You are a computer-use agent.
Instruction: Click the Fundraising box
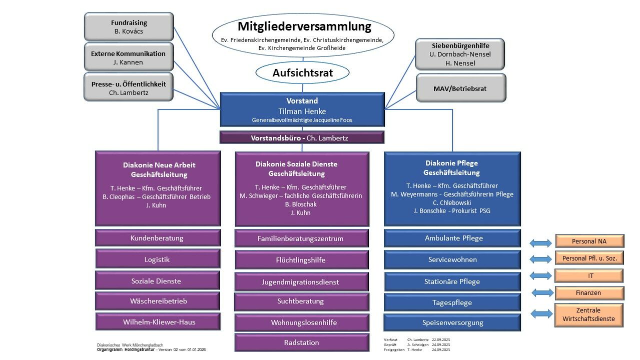(x=129, y=27)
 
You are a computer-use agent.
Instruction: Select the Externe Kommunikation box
(x=129, y=57)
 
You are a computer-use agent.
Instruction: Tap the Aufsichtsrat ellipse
(x=302, y=73)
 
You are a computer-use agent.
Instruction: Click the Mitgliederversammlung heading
(x=304, y=26)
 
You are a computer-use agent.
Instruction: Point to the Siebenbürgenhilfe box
(x=460, y=54)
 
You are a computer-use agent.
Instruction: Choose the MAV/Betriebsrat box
(x=460, y=88)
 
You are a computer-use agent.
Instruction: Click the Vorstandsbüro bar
(x=302, y=137)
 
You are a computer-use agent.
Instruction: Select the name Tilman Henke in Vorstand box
(x=302, y=111)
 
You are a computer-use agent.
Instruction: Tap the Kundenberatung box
(x=157, y=238)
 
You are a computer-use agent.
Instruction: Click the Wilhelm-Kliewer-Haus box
(x=159, y=322)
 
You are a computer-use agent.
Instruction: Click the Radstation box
(x=301, y=342)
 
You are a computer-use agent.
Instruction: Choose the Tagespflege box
(x=452, y=302)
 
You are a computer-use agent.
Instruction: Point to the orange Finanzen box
(x=588, y=293)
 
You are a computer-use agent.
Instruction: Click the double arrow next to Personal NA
(x=540, y=243)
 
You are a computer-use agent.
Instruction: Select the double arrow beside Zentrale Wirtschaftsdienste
(x=541, y=314)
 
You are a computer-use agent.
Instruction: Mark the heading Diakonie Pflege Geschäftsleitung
(x=452, y=167)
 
